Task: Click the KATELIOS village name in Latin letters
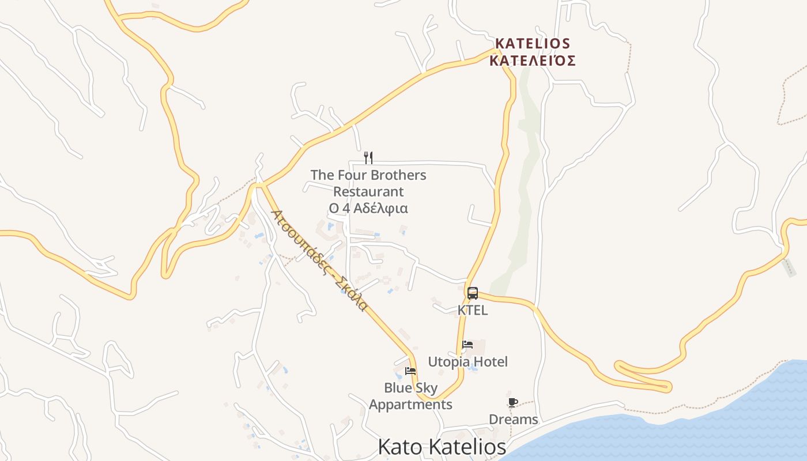(533, 44)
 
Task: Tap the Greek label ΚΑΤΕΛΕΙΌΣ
(533, 61)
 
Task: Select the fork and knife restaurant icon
(368, 157)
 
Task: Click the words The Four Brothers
(368, 175)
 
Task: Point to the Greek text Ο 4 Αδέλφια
(368, 209)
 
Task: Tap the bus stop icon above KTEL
(473, 293)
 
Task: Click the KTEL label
(473, 310)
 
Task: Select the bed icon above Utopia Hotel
(467, 345)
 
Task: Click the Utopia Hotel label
(467, 362)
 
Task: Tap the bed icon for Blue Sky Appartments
(410, 371)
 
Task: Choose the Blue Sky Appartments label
(410, 396)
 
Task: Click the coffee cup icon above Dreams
(513, 402)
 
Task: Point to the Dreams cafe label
(513, 420)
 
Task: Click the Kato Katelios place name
(442, 447)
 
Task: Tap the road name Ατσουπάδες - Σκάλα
(319, 260)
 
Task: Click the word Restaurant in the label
(368, 192)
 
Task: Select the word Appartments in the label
(410, 405)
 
